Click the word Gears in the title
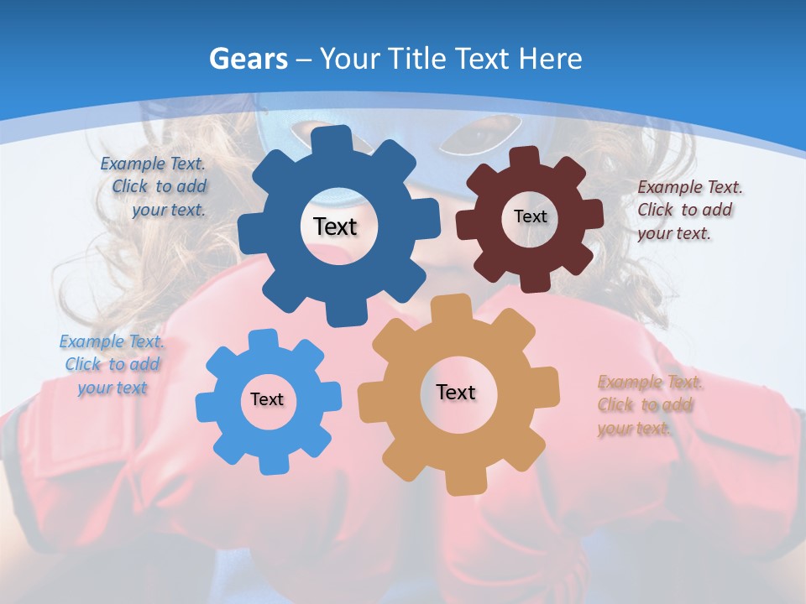[249, 59]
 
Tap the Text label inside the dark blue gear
[335, 226]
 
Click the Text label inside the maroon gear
[530, 216]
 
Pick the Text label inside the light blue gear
[267, 400]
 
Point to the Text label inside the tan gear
[456, 392]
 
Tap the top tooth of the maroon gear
[524, 157]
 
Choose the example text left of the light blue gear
[112, 365]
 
